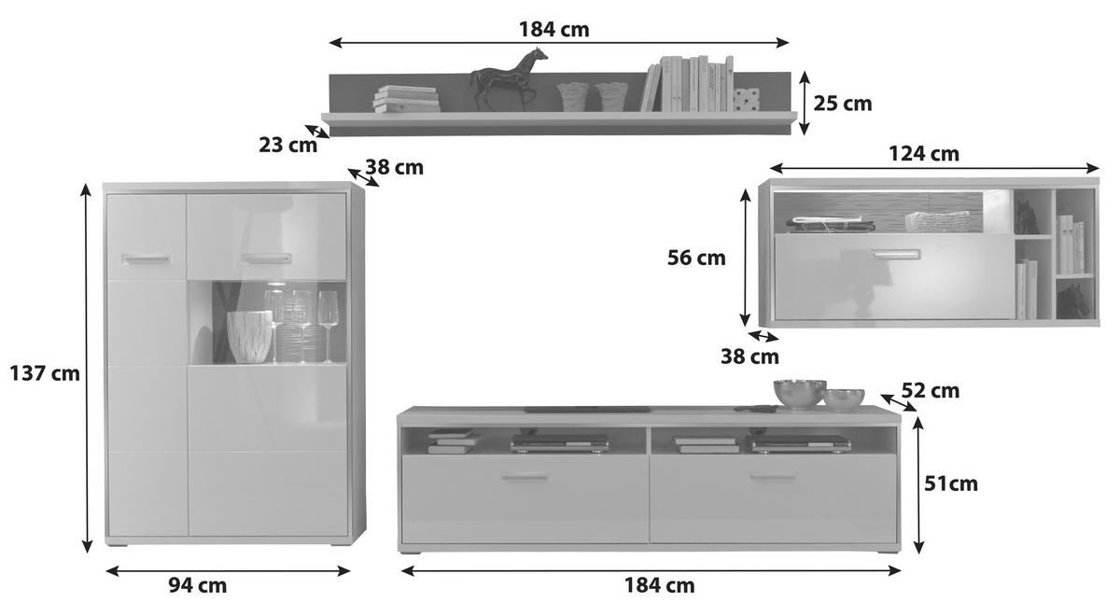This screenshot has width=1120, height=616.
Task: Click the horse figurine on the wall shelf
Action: coord(508,80)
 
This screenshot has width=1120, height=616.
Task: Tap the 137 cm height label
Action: coord(45,373)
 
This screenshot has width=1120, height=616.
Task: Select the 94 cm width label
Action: coord(198,585)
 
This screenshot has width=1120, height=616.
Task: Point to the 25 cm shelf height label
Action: coord(843,104)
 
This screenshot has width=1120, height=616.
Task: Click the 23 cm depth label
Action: coord(288,145)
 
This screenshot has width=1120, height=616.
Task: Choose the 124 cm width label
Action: coord(924,153)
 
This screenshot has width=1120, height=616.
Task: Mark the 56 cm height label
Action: coord(696,258)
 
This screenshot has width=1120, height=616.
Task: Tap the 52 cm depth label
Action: coord(930,390)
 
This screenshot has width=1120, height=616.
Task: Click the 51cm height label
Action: coord(950,483)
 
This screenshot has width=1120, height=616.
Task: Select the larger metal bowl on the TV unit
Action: coord(800,394)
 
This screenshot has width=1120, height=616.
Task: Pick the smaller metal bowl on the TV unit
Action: coord(844,399)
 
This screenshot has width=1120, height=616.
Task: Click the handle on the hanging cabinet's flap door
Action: coord(897,255)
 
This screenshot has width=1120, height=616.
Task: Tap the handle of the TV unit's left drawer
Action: coord(525,477)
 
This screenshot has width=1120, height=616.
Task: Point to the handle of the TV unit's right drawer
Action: coord(773,477)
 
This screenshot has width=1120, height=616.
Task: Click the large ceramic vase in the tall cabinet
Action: coord(249,337)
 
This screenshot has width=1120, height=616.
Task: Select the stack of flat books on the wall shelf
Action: coord(406,99)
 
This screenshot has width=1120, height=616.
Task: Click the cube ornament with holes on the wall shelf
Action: coord(747,100)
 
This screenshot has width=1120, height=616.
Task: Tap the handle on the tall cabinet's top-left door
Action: coord(146,259)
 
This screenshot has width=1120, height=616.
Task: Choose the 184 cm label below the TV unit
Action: coord(660,585)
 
